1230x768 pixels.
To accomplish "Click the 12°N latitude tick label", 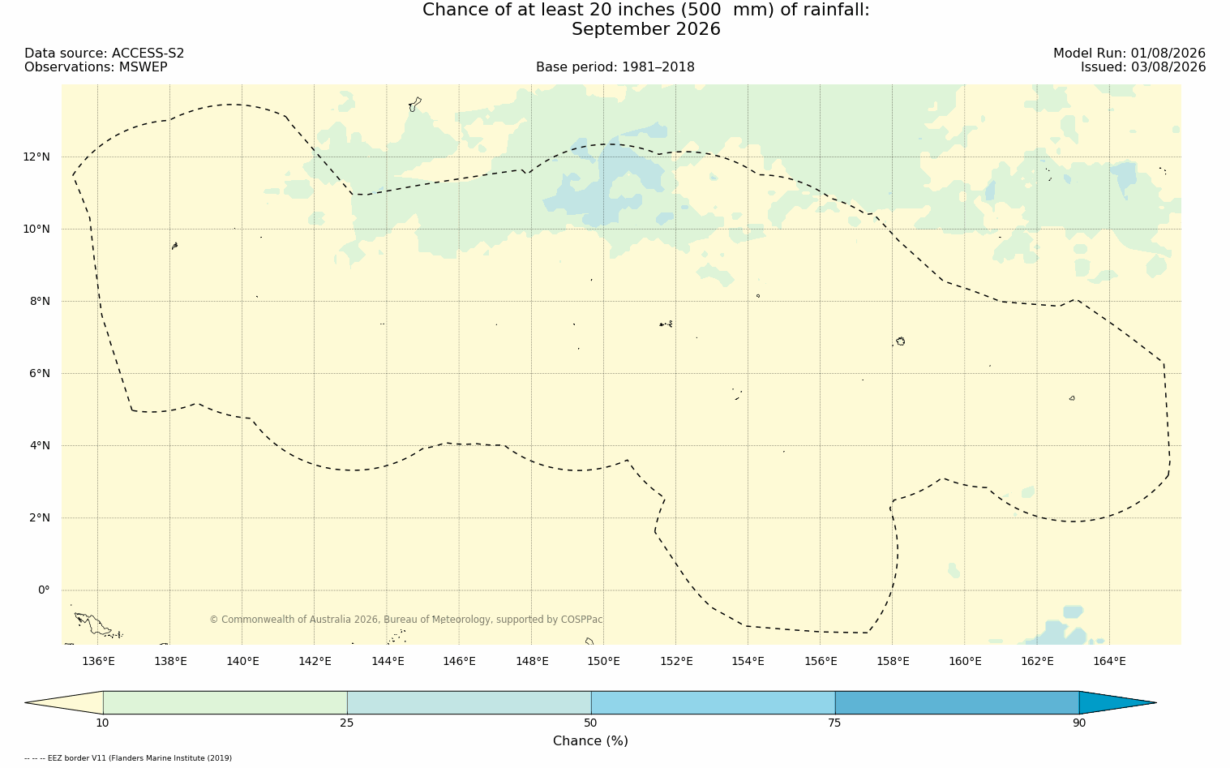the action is click(36, 157).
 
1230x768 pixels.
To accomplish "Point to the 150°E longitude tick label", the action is click(603, 661).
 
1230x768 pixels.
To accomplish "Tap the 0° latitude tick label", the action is click(44, 590).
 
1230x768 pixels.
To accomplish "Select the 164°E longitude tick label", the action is click(1109, 661).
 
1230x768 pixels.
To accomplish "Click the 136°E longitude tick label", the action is click(98, 661).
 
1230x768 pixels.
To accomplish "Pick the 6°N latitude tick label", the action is click(40, 374).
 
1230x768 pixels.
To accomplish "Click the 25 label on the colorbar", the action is click(346, 723).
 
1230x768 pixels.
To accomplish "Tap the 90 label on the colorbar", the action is click(1079, 723).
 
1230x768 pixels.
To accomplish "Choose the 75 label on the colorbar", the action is click(834, 723).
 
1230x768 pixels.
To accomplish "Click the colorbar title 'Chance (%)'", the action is click(590, 741).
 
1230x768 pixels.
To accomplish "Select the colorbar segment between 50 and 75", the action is click(713, 702).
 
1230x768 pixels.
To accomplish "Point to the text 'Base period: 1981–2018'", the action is click(615, 67).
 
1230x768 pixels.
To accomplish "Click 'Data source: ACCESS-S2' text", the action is click(105, 54).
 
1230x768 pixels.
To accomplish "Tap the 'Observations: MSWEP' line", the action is click(96, 67).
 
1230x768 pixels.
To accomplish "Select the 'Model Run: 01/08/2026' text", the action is click(1129, 54).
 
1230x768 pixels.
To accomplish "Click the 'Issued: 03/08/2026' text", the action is click(1143, 67).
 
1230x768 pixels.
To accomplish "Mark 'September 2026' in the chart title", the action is click(645, 29).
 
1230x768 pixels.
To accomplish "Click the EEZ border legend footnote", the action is click(128, 758).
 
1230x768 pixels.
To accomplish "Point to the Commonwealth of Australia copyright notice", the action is click(405, 620).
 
